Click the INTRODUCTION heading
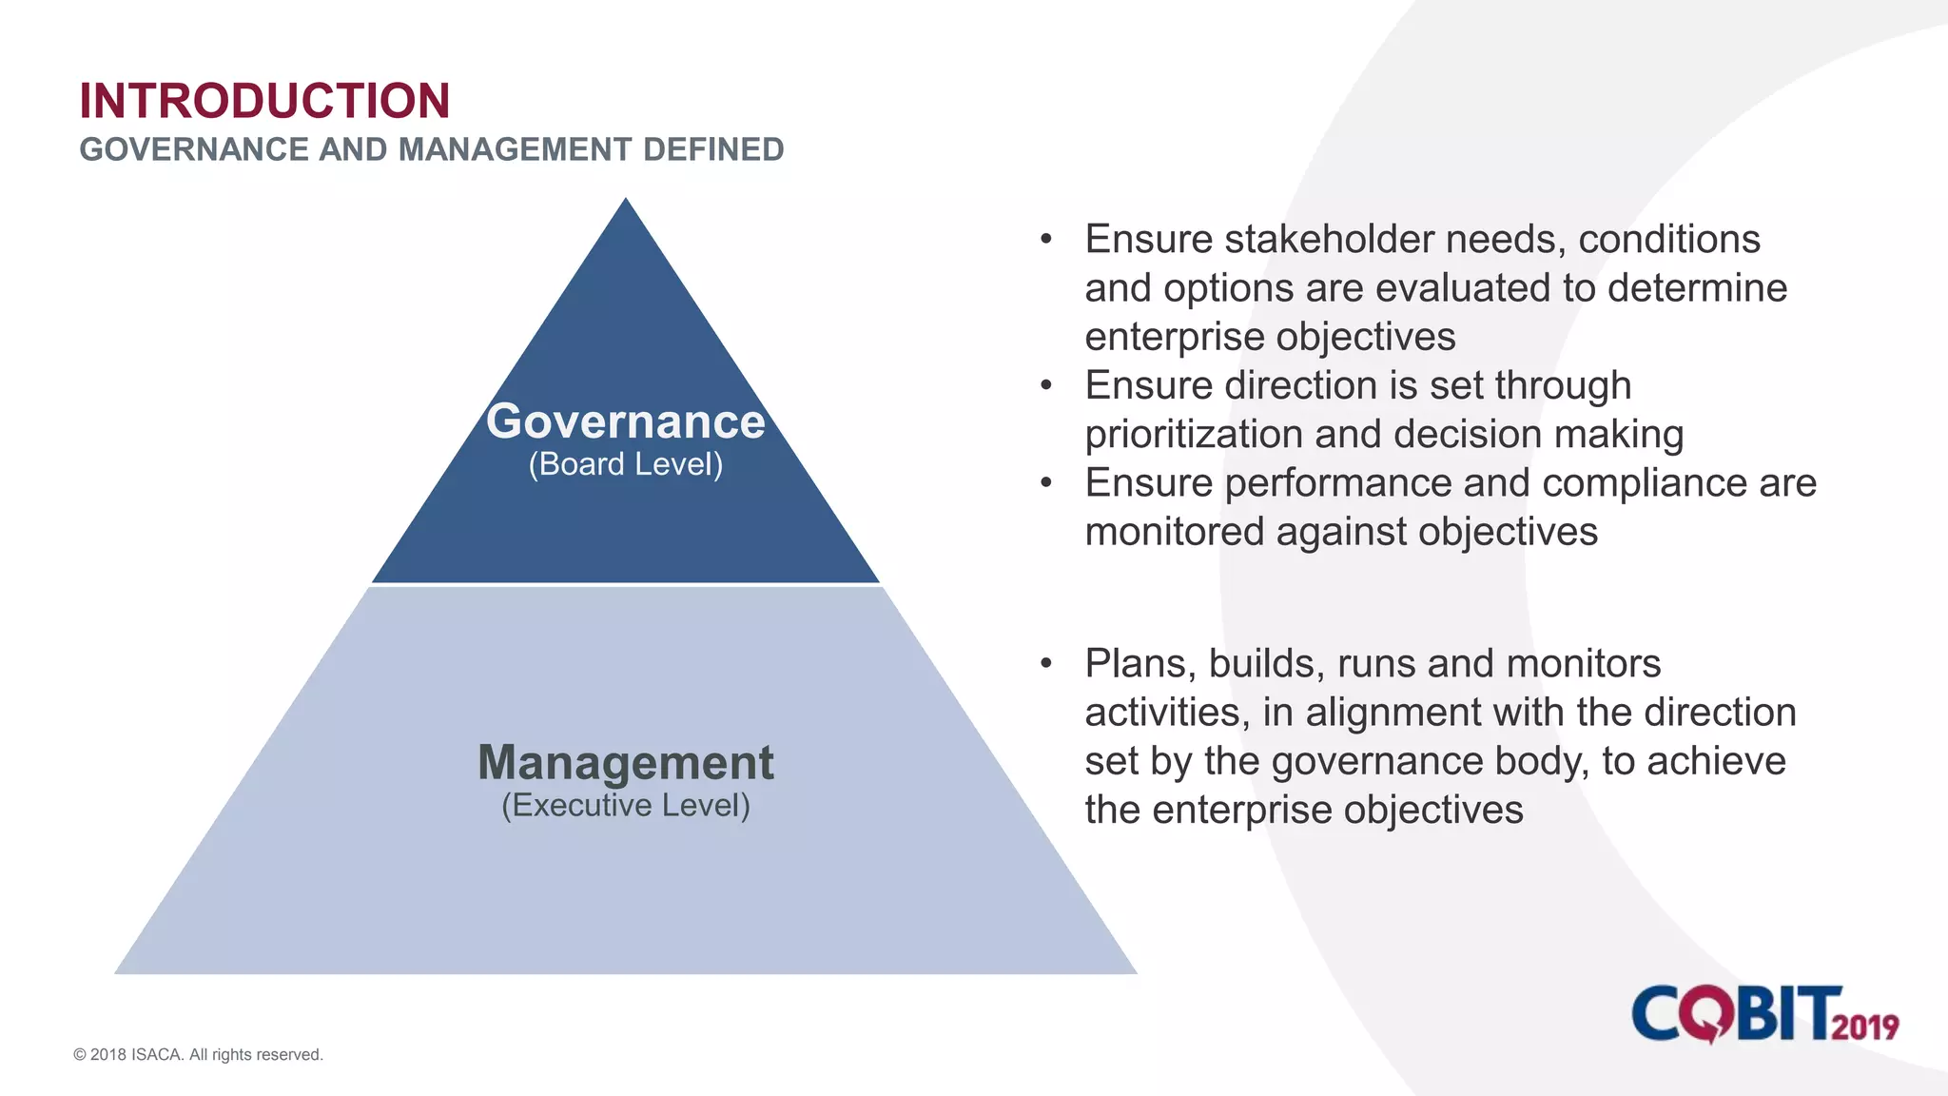point(264,101)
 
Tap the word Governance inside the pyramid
point(625,421)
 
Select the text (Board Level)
point(625,464)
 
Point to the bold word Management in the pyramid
point(625,763)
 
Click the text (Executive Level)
point(625,806)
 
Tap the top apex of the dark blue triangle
point(625,203)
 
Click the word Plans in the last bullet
point(1139,663)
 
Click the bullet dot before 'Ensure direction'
point(1046,385)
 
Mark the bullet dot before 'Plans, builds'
point(1046,663)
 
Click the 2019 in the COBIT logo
point(1864,1027)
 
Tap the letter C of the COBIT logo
point(1657,1014)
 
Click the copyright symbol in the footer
point(80,1055)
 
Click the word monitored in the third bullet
point(1174,532)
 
